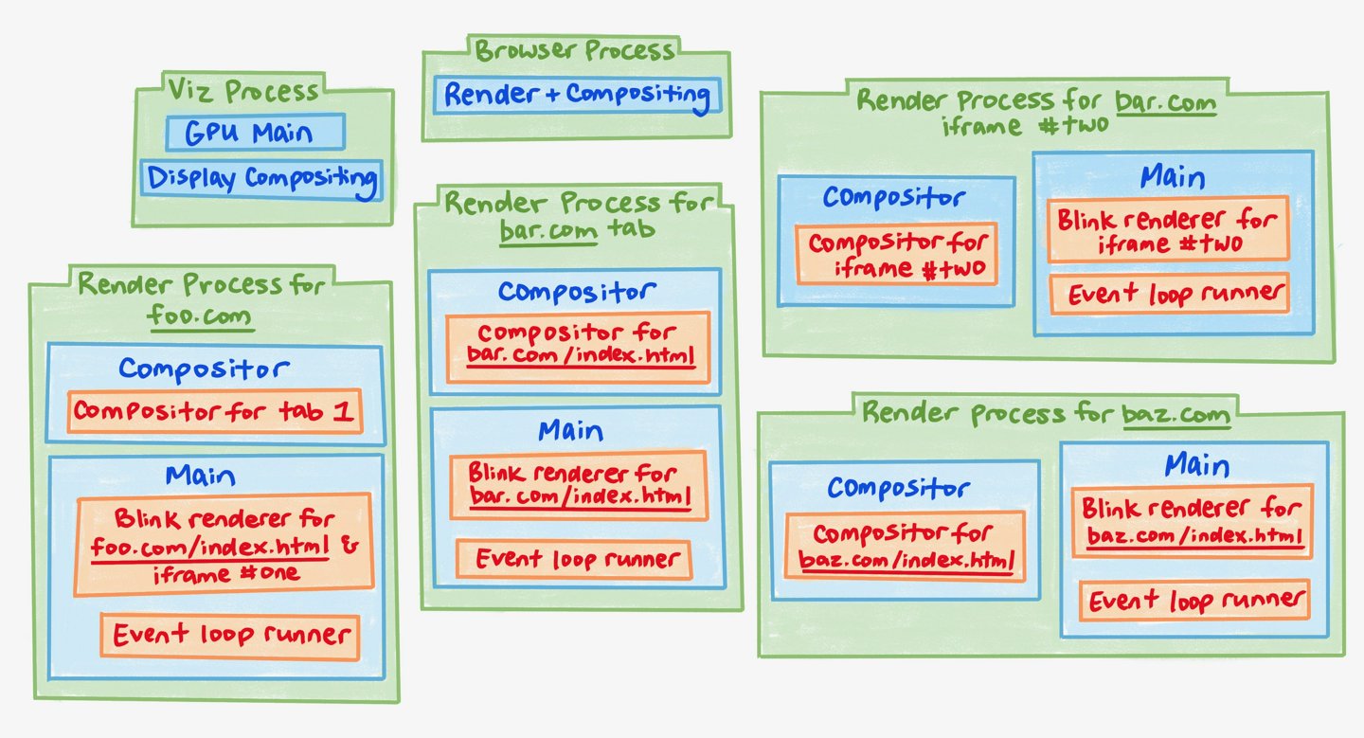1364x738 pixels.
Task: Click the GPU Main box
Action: (254, 133)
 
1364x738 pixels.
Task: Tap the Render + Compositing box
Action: (576, 96)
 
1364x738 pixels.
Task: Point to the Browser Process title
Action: (575, 49)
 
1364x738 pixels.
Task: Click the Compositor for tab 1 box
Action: (215, 411)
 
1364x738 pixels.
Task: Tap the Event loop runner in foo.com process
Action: (230, 635)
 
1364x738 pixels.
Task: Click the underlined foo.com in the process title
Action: (202, 315)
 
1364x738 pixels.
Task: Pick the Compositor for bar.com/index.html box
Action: (578, 347)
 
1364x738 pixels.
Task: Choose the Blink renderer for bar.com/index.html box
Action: (578, 485)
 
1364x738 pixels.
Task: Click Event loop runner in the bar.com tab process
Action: (574, 559)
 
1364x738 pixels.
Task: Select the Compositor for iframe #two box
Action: (897, 255)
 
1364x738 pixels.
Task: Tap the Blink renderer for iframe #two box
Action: (1168, 230)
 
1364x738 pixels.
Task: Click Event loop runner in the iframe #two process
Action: (1169, 295)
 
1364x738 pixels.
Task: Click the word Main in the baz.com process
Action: (1196, 466)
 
